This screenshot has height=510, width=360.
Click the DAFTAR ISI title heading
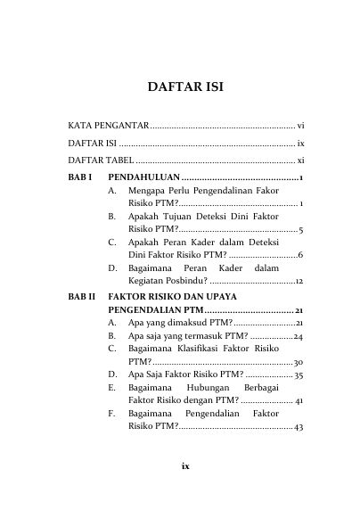click(179, 87)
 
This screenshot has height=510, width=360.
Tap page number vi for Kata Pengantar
click(301, 124)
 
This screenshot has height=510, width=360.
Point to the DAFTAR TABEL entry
click(102, 160)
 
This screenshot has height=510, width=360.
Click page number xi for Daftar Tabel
click(301, 160)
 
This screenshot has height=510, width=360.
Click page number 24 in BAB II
click(299, 336)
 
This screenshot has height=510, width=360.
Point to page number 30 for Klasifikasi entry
click(299, 363)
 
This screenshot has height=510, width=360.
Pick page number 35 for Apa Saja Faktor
click(299, 375)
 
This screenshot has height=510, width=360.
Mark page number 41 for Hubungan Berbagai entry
click(299, 402)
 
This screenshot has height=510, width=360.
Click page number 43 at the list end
click(299, 429)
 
